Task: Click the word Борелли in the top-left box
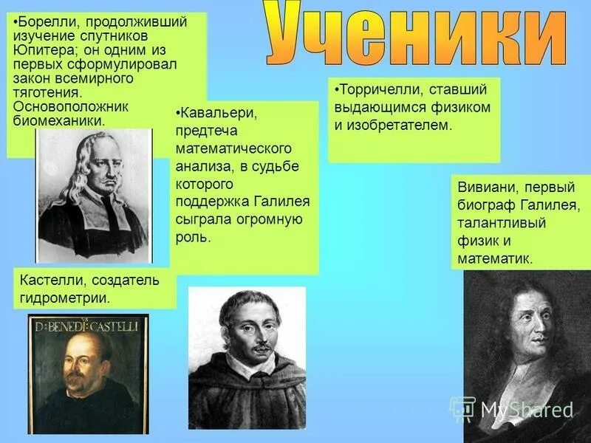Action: tap(42, 21)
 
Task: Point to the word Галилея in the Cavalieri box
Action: tap(282, 201)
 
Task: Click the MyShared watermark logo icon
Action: tap(463, 408)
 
